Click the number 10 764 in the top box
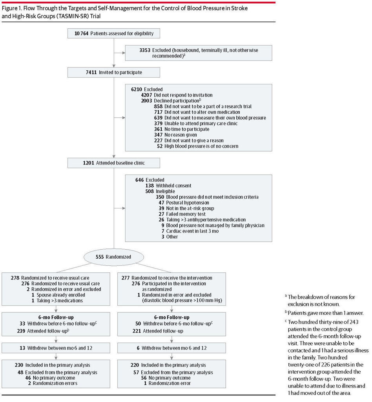pyautogui.click(x=82, y=33)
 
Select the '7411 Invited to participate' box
pyautogui.click(x=114, y=72)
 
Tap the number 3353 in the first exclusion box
pyautogui.click(x=145, y=50)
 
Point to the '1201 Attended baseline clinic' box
pyautogui.click(x=114, y=163)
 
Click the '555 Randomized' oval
pyautogui.click(x=114, y=257)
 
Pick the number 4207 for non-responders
pyautogui.click(x=146, y=95)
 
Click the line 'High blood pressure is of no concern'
pyautogui.click(x=201, y=146)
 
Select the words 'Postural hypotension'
pyautogui.click(x=188, y=203)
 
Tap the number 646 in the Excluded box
pyautogui.click(x=139, y=180)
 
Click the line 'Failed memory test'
pyautogui.click(x=186, y=214)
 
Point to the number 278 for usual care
pyautogui.click(x=15, y=278)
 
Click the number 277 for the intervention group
pyautogui.click(x=126, y=278)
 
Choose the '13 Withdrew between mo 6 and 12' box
pyautogui.click(x=56, y=348)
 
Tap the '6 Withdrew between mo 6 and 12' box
pyautogui.click(x=171, y=348)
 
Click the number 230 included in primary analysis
pyautogui.click(x=19, y=365)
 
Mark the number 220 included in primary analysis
pyautogui.click(x=135, y=365)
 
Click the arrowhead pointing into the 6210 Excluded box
pyautogui.click(x=124, y=118)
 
